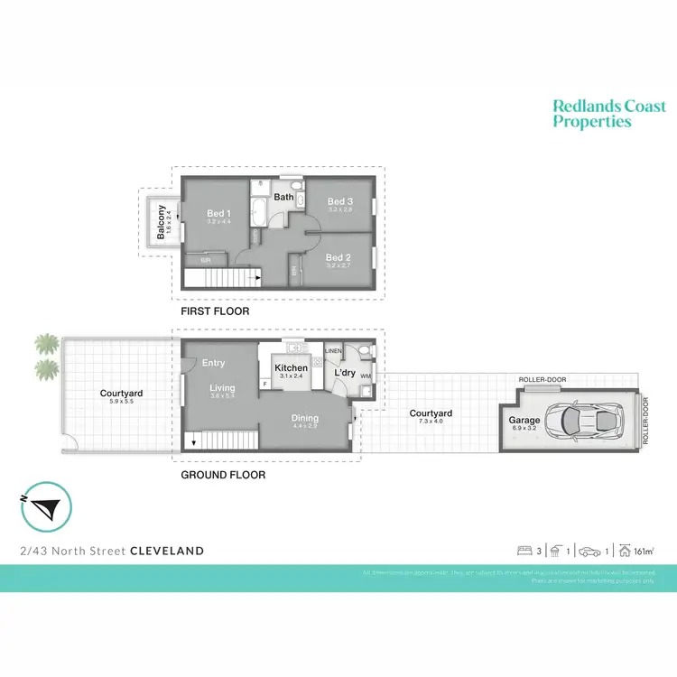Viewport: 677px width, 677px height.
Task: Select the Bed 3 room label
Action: [339, 201]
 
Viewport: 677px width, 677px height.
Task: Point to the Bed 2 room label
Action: [338, 256]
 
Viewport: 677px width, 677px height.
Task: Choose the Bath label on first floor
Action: [283, 197]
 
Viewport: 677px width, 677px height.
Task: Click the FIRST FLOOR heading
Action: [215, 311]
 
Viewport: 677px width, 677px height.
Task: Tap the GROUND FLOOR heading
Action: [223, 474]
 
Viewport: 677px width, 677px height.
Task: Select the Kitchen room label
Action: [291, 368]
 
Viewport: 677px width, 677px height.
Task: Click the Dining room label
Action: [304, 418]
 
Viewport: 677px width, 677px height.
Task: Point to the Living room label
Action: [222, 388]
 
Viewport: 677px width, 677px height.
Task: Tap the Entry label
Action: [214, 363]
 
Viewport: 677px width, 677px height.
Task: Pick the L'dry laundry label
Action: [345, 372]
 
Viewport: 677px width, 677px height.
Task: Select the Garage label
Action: [524, 420]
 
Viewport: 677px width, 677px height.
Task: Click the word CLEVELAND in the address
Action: [167, 551]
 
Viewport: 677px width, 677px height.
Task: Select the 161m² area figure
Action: [643, 551]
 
